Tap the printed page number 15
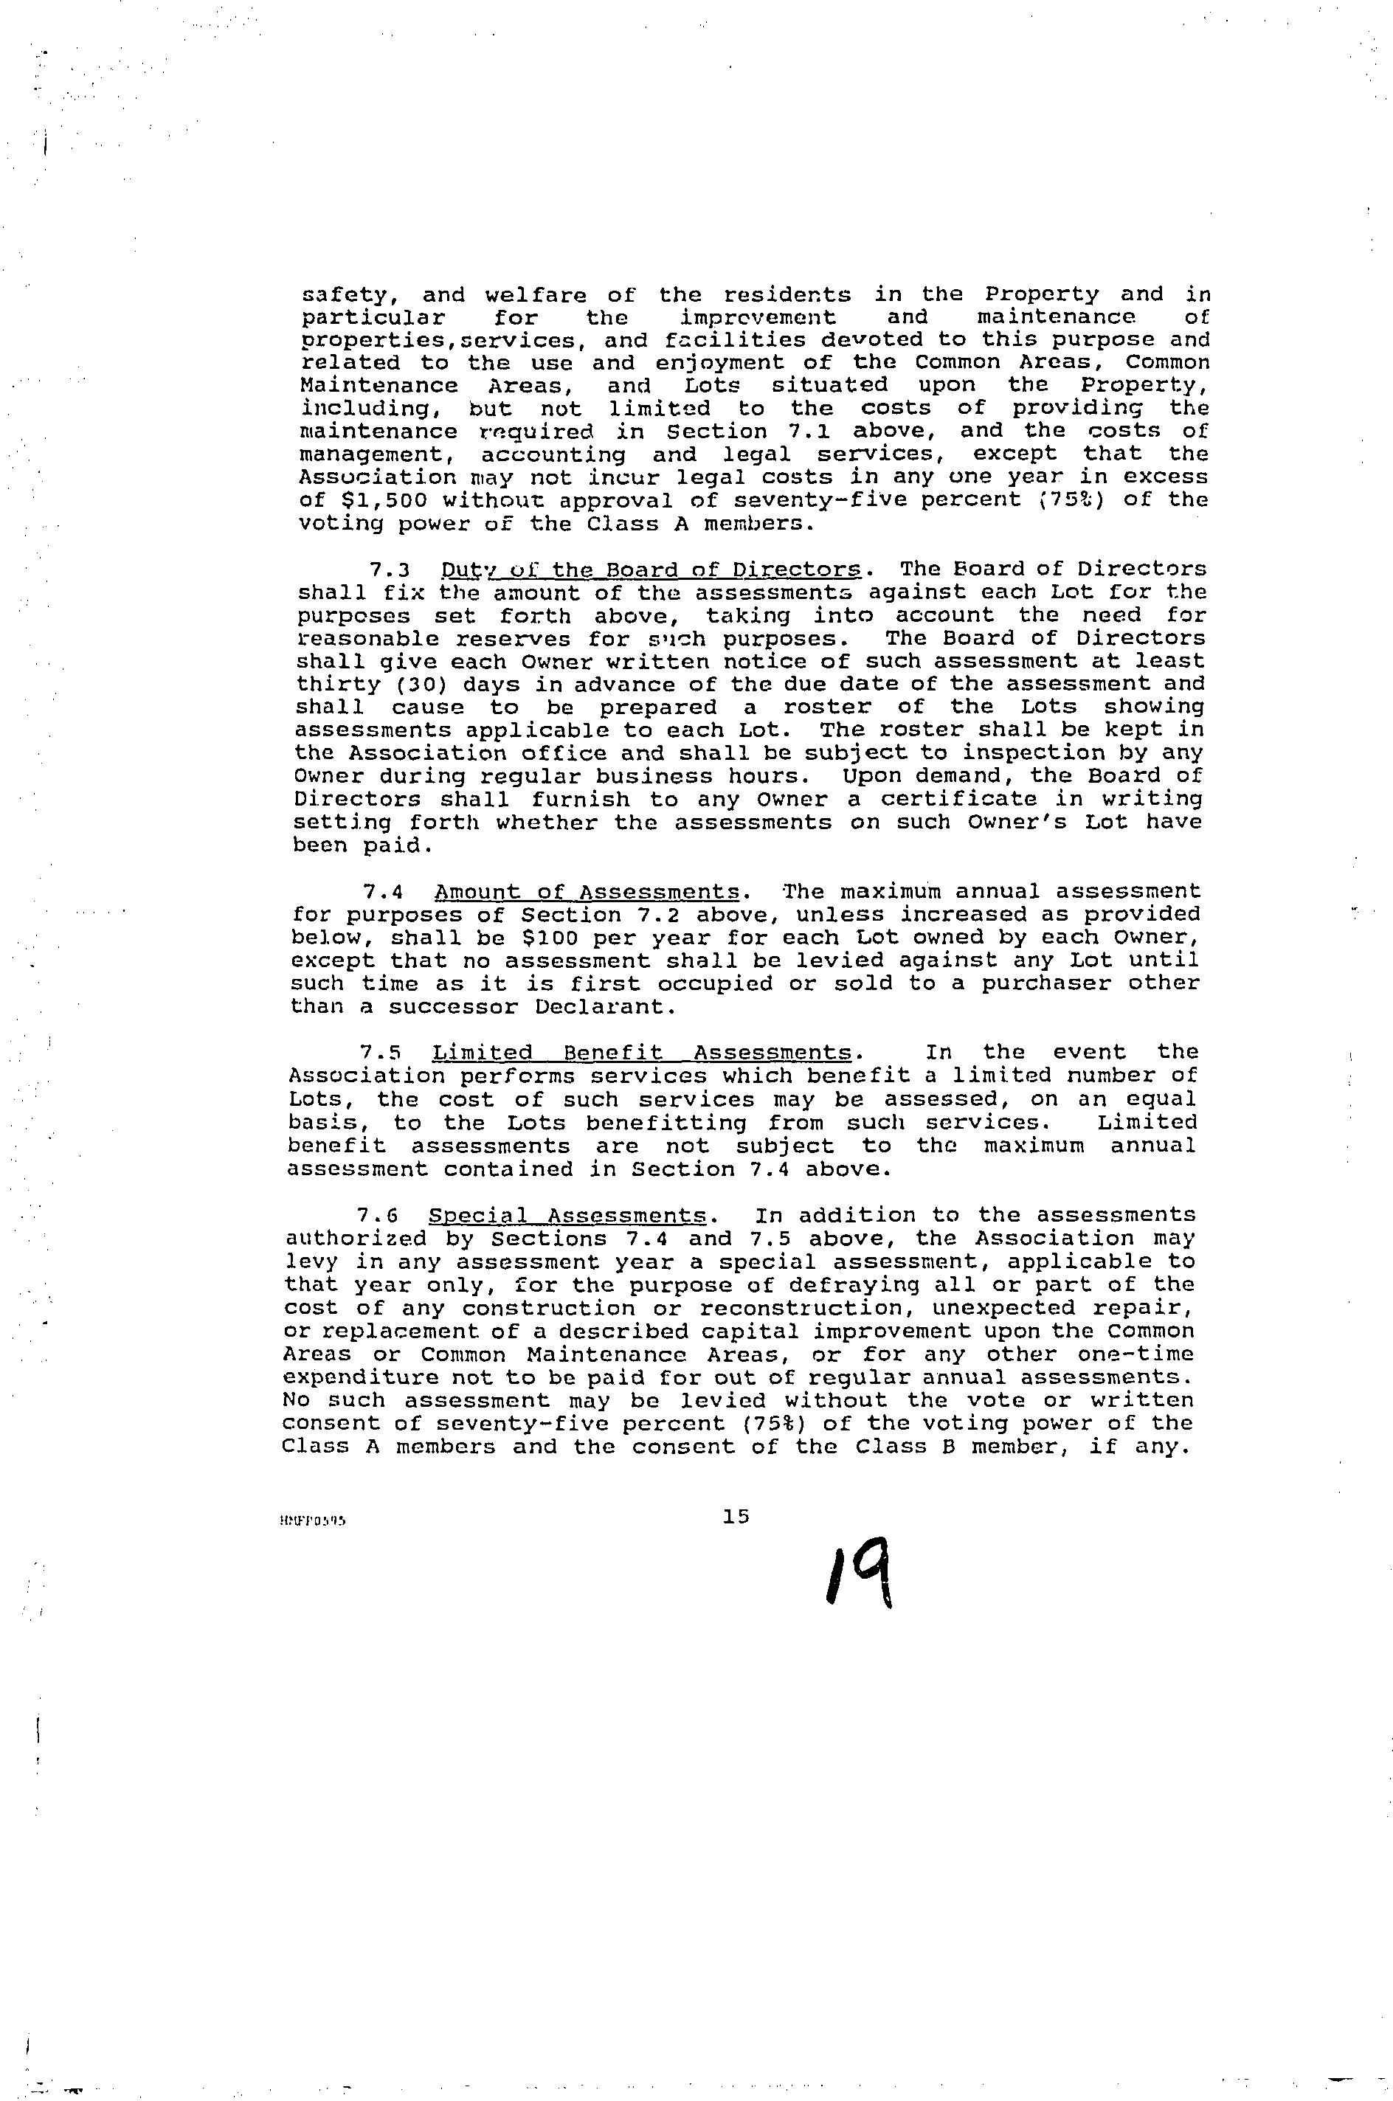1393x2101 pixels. coord(736,1517)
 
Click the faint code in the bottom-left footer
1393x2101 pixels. coord(310,1520)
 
